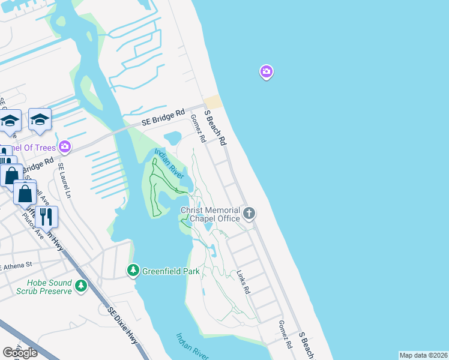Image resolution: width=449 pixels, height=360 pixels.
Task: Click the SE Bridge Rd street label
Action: [x=163, y=117]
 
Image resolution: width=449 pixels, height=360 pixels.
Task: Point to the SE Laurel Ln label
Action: [x=64, y=182]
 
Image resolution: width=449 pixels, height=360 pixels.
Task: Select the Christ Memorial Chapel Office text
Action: [x=211, y=214]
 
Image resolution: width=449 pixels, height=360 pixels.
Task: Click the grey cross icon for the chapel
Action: [x=249, y=213]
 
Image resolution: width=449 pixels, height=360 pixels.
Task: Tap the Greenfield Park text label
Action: [x=170, y=271]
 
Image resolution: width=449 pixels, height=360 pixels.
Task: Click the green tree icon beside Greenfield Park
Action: [x=133, y=271]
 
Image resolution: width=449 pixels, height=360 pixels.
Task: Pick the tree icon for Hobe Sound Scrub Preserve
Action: [x=80, y=287]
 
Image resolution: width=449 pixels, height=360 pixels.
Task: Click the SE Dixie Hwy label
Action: [x=123, y=326]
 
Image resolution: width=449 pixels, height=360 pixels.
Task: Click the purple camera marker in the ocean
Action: [x=267, y=73]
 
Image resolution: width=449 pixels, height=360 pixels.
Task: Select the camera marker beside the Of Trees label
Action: [x=64, y=146]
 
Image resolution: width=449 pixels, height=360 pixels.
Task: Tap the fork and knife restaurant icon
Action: [x=46, y=215]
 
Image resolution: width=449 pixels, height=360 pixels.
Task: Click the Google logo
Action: [x=20, y=353]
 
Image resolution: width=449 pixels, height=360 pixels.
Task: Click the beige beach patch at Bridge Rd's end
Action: [x=213, y=102]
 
